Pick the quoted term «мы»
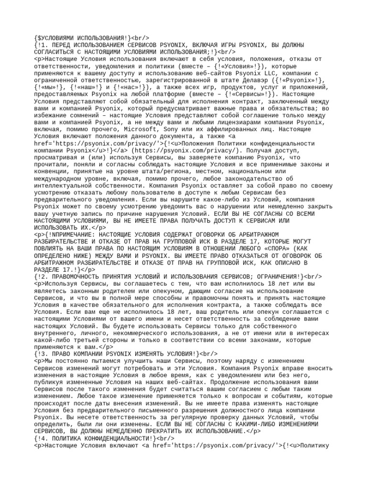[50, 88]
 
